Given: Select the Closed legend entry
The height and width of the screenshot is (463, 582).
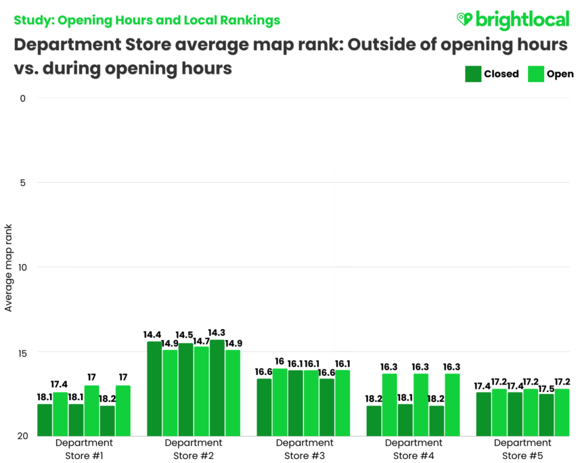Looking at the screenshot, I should [x=492, y=74].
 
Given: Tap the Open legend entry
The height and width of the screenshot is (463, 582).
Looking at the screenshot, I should [x=550, y=74].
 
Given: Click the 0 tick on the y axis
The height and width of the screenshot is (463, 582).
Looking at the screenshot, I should [x=22, y=98].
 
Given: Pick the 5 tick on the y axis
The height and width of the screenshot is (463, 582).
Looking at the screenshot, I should [x=22, y=183].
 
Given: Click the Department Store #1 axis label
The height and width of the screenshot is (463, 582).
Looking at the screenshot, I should [x=84, y=449].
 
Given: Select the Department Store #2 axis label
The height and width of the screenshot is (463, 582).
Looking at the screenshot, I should [x=194, y=449].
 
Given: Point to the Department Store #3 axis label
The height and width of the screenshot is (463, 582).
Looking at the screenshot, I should [x=303, y=449].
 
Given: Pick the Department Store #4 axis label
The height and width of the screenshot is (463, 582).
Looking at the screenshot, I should [x=413, y=449].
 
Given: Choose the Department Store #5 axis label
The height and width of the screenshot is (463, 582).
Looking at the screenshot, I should [x=522, y=449].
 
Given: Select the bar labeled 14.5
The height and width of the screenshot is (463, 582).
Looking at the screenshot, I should [x=186, y=390].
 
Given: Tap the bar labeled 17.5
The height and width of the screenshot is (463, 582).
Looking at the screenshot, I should [x=546, y=415].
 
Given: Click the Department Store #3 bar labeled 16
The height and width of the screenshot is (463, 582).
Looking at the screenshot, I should [x=279, y=402].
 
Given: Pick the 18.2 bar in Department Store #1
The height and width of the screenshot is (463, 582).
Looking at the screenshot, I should [x=107, y=420].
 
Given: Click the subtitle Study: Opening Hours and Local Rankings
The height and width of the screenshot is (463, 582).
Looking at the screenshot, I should [x=147, y=20].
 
